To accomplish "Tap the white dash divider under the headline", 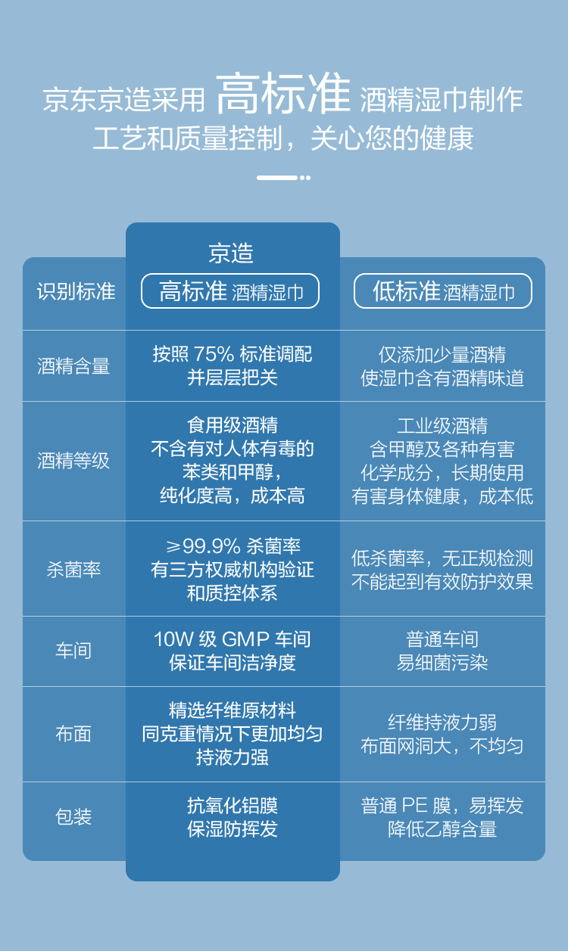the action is tap(283, 178).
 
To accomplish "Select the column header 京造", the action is tap(231, 253).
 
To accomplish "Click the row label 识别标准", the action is tap(76, 292).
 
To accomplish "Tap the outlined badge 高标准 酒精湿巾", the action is tap(230, 291).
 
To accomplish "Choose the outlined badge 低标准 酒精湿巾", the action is tap(443, 291).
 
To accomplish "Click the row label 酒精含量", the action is tap(73, 366).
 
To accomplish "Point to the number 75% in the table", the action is tap(214, 354).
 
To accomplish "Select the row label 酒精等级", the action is tap(73, 461).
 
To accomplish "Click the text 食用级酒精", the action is tap(233, 425).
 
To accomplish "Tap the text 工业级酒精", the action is tap(442, 426).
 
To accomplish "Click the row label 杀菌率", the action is tap(73, 570).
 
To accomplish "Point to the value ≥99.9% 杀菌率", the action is tap(233, 546).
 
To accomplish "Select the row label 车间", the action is tap(73, 651).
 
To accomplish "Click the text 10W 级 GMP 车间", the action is tap(233, 639).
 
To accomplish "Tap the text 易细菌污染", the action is tap(442, 662).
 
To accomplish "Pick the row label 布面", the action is tap(73, 734).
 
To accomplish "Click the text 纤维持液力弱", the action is tap(442, 723).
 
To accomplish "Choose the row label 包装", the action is tap(73, 816).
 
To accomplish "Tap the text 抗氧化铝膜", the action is tap(233, 806).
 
